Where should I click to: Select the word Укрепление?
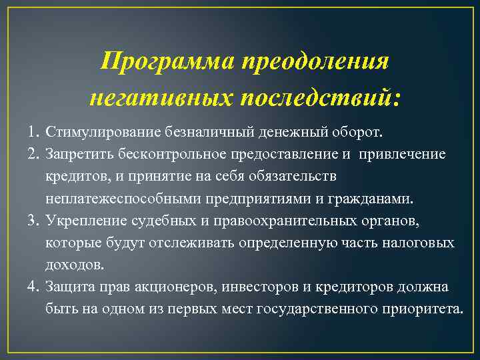(x=81, y=221)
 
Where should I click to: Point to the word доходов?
(x=75, y=265)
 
